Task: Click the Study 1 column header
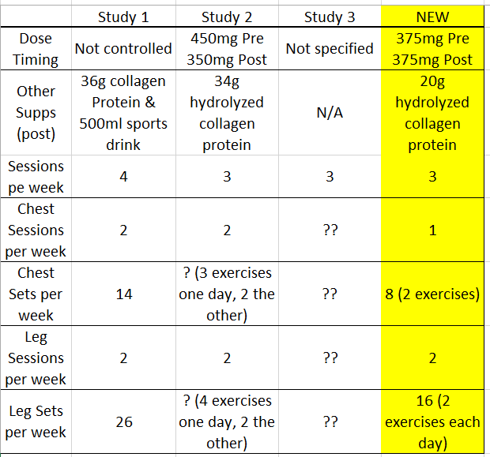pyautogui.click(x=123, y=17)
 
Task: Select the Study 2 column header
pyautogui.click(x=227, y=17)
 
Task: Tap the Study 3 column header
pyautogui.click(x=330, y=17)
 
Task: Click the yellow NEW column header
pyautogui.click(x=432, y=17)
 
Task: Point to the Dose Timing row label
pyautogui.click(x=36, y=49)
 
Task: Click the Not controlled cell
pyautogui.click(x=123, y=49)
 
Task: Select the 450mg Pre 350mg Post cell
pyautogui.click(x=227, y=49)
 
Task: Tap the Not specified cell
pyautogui.click(x=330, y=49)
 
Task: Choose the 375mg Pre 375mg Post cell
pyautogui.click(x=432, y=49)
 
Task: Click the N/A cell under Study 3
pyautogui.click(x=330, y=113)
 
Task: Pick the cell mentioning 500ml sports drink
pyautogui.click(x=123, y=113)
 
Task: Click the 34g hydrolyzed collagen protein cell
pyautogui.click(x=227, y=113)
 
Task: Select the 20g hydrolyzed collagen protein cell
pyautogui.click(x=432, y=113)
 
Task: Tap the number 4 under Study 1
pyautogui.click(x=123, y=177)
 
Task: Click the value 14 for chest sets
pyautogui.click(x=124, y=294)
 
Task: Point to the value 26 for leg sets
pyautogui.click(x=124, y=422)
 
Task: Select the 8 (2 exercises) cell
pyautogui.click(x=432, y=294)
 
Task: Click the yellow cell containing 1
pyautogui.click(x=432, y=230)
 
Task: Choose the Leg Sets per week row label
pyautogui.click(x=36, y=421)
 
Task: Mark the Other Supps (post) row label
pyautogui.click(x=36, y=113)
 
